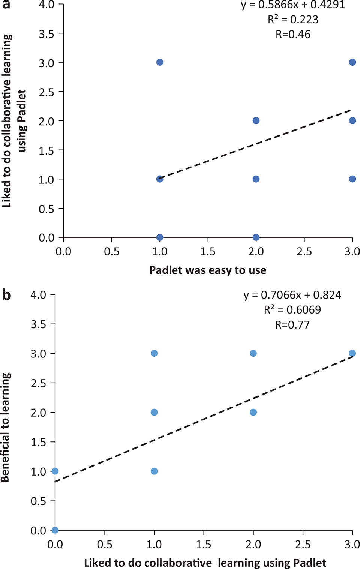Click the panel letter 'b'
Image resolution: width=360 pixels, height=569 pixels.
6,295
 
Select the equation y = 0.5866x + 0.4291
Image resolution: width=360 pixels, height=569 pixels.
293,5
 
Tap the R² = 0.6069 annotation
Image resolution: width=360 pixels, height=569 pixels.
292,310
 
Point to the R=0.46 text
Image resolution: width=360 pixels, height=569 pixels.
293,35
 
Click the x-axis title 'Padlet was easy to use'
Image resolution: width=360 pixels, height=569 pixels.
208,270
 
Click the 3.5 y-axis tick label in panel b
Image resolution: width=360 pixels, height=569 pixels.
38,324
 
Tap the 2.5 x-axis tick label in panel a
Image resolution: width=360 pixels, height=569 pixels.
304,251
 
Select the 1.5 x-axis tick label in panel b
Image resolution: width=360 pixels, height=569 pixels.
204,544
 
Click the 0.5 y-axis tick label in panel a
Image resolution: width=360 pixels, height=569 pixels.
46,209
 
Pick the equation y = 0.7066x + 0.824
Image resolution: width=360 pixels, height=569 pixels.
292,295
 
